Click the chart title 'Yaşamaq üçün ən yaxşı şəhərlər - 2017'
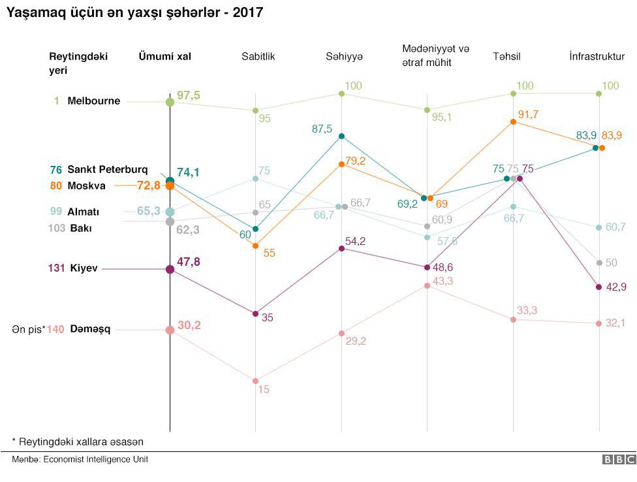(134, 12)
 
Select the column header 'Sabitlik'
(258, 56)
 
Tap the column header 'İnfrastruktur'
(601, 56)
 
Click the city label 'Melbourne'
(93, 101)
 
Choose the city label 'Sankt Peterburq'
(107, 170)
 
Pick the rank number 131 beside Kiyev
(55, 268)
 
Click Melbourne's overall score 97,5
(188, 96)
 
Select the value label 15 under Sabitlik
(264, 389)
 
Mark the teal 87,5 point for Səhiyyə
(341, 136)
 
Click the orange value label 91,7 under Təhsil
(527, 114)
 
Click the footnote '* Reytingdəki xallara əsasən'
(77, 442)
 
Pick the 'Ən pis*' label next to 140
(28, 330)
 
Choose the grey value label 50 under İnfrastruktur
(612, 263)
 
